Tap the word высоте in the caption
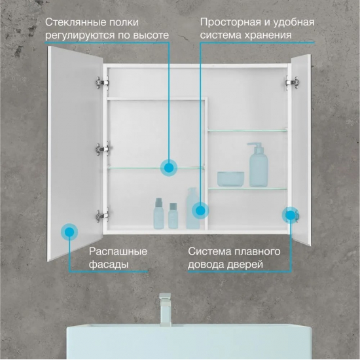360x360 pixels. pos(152,35)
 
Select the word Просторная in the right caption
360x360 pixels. pos(230,23)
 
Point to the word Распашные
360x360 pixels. pos(118,251)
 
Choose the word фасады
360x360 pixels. pos(109,264)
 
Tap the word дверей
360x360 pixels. pos(245,264)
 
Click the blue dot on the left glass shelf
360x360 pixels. pos(169,168)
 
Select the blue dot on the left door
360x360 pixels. pos(69,232)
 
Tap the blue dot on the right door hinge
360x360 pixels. pos(291,215)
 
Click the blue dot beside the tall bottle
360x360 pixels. pos(200,211)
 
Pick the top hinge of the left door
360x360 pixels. pos(102,82)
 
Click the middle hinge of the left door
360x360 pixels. pos(102,149)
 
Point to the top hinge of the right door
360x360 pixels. pos(292,82)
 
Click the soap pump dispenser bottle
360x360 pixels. pos(259,164)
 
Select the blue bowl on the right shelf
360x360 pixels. pos(230,179)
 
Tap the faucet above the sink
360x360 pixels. pos(166,309)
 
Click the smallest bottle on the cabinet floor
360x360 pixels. pos(173,215)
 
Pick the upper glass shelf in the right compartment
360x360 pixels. pos(247,131)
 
